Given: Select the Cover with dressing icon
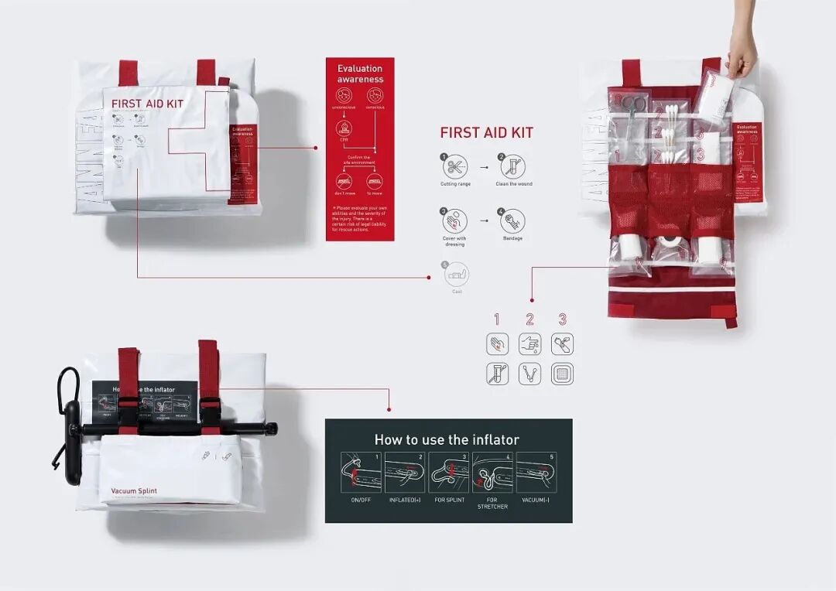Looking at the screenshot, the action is (x=455, y=221).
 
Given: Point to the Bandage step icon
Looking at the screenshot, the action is (x=512, y=221).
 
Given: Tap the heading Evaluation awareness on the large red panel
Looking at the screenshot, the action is (x=360, y=73).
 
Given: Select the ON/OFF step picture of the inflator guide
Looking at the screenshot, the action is (x=361, y=473).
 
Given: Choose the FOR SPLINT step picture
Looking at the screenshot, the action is (x=449, y=473).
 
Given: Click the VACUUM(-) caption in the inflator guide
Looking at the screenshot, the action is (x=536, y=500).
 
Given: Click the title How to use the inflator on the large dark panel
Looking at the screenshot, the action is (x=447, y=439).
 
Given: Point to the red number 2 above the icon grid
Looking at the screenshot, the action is (x=529, y=319).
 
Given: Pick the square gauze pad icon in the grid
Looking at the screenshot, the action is (x=562, y=374).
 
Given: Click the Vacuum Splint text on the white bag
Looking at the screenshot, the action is (x=128, y=491).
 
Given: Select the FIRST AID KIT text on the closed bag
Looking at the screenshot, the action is (x=147, y=104).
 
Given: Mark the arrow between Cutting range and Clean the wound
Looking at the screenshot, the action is (x=484, y=166).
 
